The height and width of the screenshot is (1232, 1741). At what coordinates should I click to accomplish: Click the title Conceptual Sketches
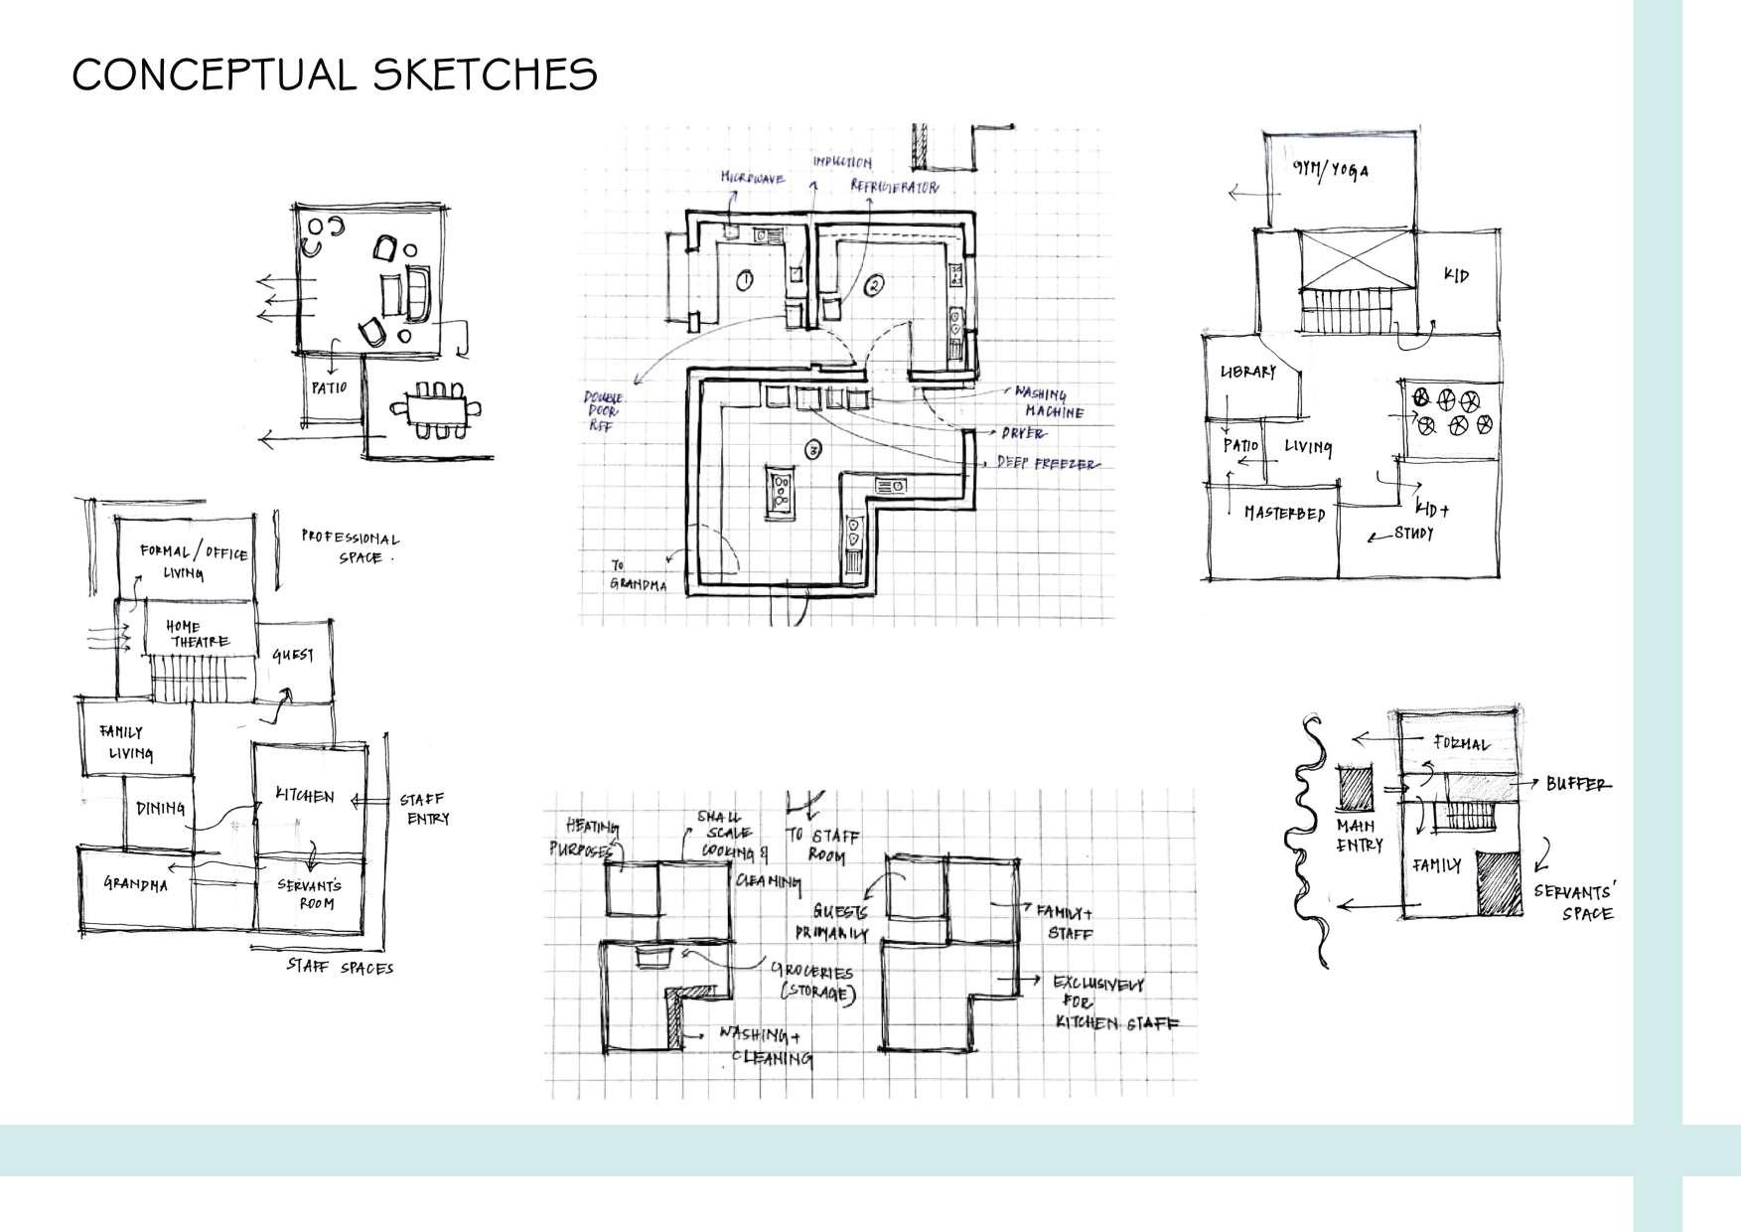pyautogui.click(x=335, y=75)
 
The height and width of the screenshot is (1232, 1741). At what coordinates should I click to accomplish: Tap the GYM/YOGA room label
pyautogui.click(x=1330, y=170)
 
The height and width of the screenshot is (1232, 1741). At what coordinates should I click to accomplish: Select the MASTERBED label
pyautogui.click(x=1284, y=513)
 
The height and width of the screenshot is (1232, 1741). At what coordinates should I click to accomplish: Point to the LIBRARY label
pyautogui.click(x=1247, y=372)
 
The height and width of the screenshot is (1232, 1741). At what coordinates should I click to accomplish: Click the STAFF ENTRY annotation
pyautogui.click(x=424, y=809)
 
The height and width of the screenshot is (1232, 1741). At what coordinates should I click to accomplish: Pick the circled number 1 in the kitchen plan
pyautogui.click(x=745, y=280)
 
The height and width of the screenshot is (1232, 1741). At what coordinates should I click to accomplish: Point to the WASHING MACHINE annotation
pyautogui.click(x=1048, y=402)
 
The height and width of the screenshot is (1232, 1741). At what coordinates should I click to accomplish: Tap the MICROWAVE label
pyautogui.click(x=753, y=179)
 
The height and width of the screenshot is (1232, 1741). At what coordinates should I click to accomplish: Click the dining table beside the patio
pyautogui.click(x=436, y=407)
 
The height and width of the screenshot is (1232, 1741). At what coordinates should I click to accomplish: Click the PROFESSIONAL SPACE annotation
pyautogui.click(x=350, y=547)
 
